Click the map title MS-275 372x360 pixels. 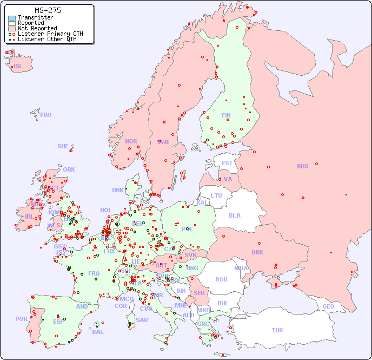pyautogui.click(x=48, y=10)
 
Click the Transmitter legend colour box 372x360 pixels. pyautogui.click(x=12, y=18)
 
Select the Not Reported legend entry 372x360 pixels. pyautogui.click(x=37, y=28)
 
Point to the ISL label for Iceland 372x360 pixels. pyautogui.click(x=18, y=67)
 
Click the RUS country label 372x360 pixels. pyautogui.click(x=302, y=166)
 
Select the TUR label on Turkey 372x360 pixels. pyautogui.click(x=277, y=330)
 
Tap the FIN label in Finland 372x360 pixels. pyautogui.click(x=226, y=115)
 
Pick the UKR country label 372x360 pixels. pyautogui.click(x=257, y=252)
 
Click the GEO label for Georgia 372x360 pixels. pyautogui.click(x=328, y=306)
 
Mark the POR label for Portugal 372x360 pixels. pyautogui.click(x=21, y=319)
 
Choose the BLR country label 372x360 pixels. pyautogui.click(x=234, y=215)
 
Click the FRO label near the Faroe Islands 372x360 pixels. pyautogui.click(x=46, y=115)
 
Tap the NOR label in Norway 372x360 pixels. pyautogui.click(x=131, y=141)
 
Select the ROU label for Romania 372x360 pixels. pyautogui.click(x=221, y=279)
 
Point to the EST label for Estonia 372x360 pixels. pyautogui.click(x=227, y=163)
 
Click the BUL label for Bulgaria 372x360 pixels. pyautogui.click(x=223, y=303)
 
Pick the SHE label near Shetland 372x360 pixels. pyautogui.click(x=63, y=146)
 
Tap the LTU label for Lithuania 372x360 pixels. pyautogui.click(x=216, y=195)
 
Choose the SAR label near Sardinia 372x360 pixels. pyautogui.click(x=142, y=320)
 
